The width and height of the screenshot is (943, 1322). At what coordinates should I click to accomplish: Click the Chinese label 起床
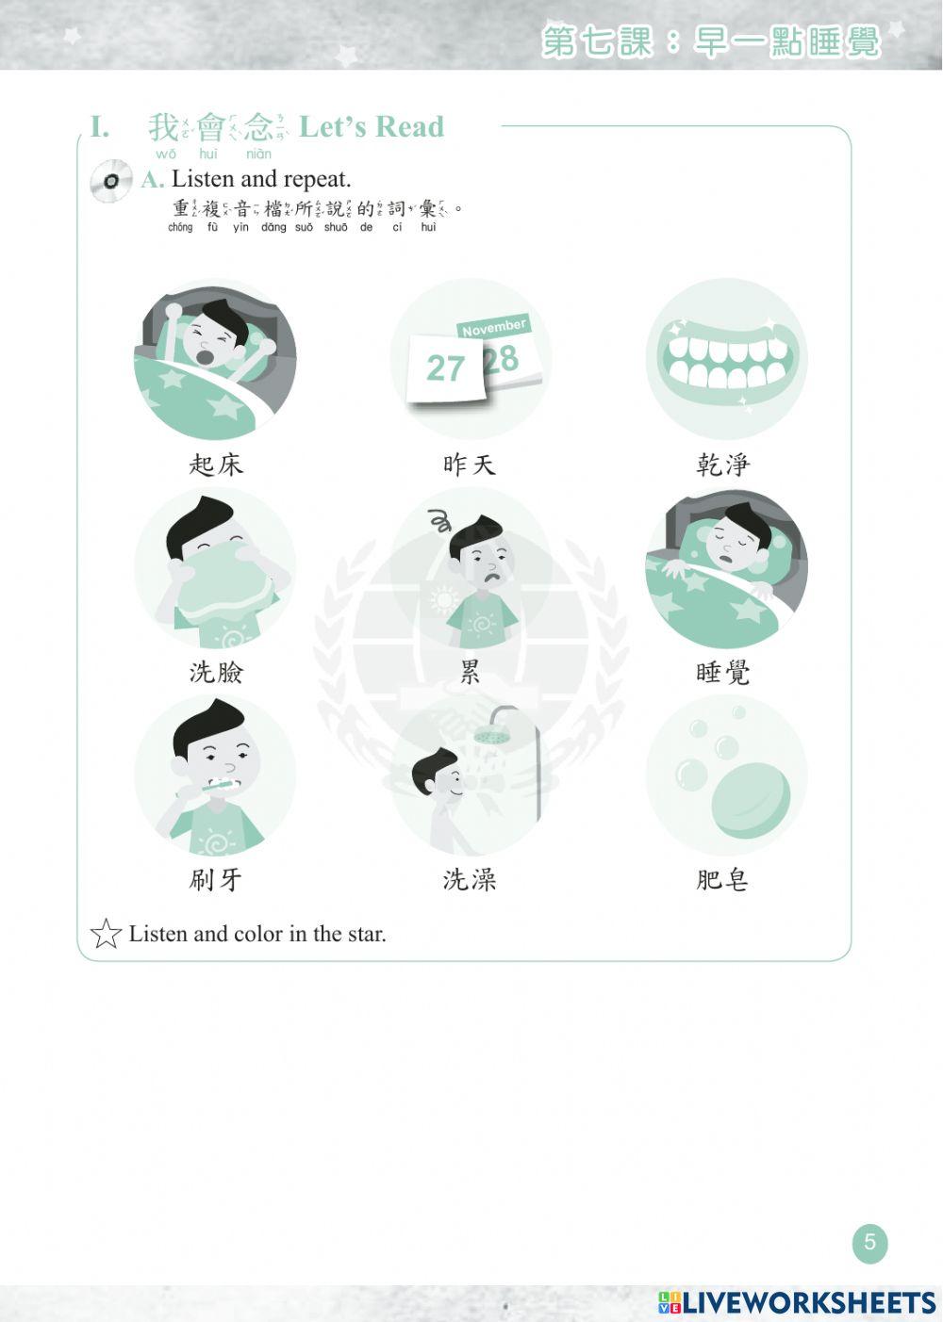pos(216,465)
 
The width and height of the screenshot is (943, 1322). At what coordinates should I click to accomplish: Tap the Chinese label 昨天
pos(469,465)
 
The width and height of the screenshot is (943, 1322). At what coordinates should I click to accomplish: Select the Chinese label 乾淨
pos(722,465)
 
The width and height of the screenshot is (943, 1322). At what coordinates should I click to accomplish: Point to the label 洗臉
pos(216,672)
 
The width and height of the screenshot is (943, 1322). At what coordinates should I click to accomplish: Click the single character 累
pos(470,672)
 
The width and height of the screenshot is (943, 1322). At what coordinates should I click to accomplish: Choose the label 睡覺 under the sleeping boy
pos(722,672)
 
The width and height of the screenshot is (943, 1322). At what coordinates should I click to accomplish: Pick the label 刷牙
pos(216,880)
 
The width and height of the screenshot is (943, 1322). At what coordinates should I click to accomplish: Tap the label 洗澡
pos(470,880)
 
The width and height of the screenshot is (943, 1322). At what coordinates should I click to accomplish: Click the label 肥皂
pos(722,880)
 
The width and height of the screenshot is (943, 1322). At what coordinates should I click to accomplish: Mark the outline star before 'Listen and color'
pos(106,934)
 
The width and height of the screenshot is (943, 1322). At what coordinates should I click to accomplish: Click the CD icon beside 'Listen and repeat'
pos(111,181)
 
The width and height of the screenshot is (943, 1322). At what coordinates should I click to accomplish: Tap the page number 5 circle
pos(869,1243)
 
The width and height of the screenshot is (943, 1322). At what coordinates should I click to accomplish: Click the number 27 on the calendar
pos(445,368)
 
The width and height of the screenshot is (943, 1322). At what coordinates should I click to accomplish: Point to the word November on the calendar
pos(494,327)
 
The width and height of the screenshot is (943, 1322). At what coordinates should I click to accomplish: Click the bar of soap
pos(751,800)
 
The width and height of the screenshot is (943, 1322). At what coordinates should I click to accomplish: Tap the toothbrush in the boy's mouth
pos(221,783)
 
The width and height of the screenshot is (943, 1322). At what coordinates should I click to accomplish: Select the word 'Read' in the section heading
pos(409,127)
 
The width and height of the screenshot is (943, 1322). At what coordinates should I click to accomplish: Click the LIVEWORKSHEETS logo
pos(797,1303)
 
